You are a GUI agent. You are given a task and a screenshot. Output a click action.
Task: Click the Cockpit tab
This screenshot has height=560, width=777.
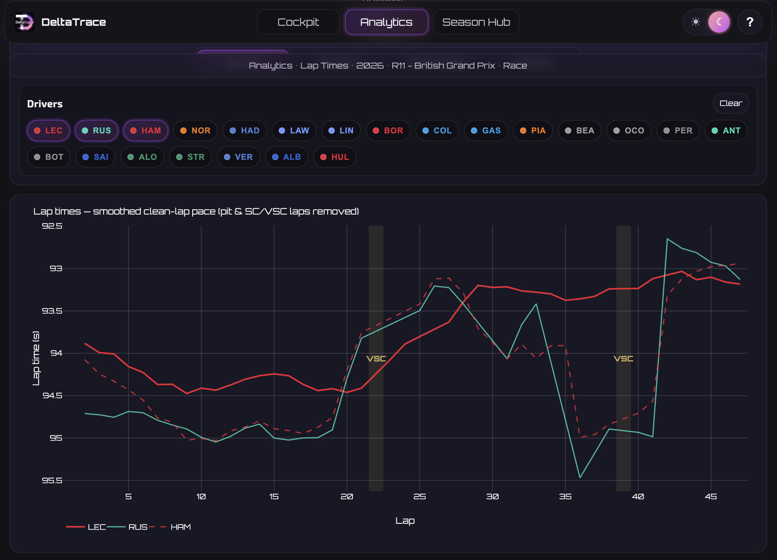point(298,22)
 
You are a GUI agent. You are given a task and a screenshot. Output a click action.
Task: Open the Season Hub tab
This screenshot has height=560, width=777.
point(476,22)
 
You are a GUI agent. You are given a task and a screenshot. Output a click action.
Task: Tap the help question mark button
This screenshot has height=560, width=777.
point(750,22)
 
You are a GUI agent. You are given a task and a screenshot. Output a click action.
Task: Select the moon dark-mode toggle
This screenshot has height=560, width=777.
point(719,22)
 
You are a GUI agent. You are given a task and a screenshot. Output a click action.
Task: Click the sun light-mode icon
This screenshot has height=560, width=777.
point(696,22)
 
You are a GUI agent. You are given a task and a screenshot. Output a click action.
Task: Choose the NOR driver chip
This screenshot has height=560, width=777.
point(195,131)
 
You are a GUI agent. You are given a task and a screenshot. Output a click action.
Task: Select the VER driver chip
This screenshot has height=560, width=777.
point(238,157)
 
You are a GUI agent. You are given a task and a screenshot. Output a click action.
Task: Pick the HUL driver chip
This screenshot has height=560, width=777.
point(334,157)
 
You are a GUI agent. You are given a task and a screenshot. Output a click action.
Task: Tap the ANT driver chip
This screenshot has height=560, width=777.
point(726,131)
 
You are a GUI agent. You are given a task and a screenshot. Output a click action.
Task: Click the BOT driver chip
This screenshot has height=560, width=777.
point(49,157)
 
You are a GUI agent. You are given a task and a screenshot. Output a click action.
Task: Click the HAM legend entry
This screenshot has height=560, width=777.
point(170,527)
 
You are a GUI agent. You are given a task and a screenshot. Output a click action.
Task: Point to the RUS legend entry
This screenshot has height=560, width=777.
point(127,527)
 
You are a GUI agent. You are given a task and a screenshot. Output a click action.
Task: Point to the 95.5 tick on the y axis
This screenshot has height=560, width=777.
point(52,480)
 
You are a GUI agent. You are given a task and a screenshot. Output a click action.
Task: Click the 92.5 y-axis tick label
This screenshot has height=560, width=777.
point(52,226)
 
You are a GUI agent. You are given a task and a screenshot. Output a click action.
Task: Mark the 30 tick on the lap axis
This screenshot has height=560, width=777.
point(492,496)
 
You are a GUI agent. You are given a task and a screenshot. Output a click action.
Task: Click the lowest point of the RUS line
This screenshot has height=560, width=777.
point(580,477)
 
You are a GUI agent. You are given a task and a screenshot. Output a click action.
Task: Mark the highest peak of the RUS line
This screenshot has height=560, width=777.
point(667,238)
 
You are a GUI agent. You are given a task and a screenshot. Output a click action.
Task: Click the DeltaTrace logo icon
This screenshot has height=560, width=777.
point(24,22)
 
